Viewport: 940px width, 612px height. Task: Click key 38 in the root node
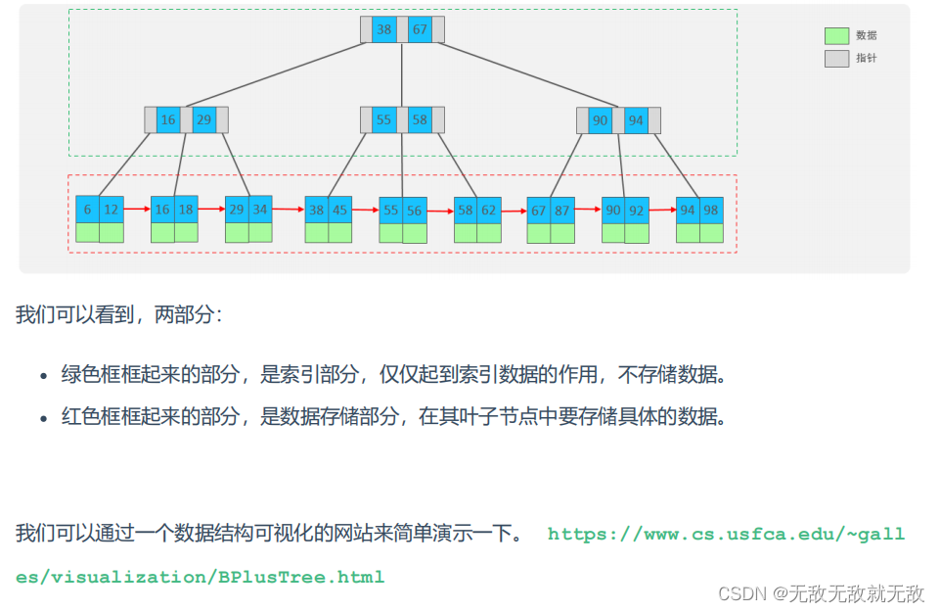click(x=383, y=29)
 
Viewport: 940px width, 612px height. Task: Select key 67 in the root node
click(x=420, y=29)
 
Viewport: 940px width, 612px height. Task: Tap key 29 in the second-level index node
click(x=203, y=119)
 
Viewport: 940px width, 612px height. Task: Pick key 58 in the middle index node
click(x=420, y=119)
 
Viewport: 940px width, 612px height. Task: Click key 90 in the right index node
click(x=600, y=119)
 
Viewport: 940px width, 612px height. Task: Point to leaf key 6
click(x=87, y=210)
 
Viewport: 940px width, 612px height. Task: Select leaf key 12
click(x=112, y=210)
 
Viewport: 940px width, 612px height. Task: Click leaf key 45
click(x=340, y=210)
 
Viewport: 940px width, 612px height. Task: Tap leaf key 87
click(x=562, y=210)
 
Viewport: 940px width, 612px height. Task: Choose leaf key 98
click(x=711, y=210)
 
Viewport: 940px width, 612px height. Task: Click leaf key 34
click(x=260, y=210)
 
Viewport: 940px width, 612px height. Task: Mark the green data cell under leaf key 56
click(x=415, y=233)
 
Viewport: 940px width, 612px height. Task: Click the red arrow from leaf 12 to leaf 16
click(x=137, y=209)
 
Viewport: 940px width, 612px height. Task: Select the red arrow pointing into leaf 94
click(x=662, y=210)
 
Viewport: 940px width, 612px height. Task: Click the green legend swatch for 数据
click(x=836, y=35)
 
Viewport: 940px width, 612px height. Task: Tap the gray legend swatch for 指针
click(x=836, y=59)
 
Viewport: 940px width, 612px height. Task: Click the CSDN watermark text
click(x=821, y=593)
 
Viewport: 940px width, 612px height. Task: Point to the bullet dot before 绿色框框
click(x=43, y=376)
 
